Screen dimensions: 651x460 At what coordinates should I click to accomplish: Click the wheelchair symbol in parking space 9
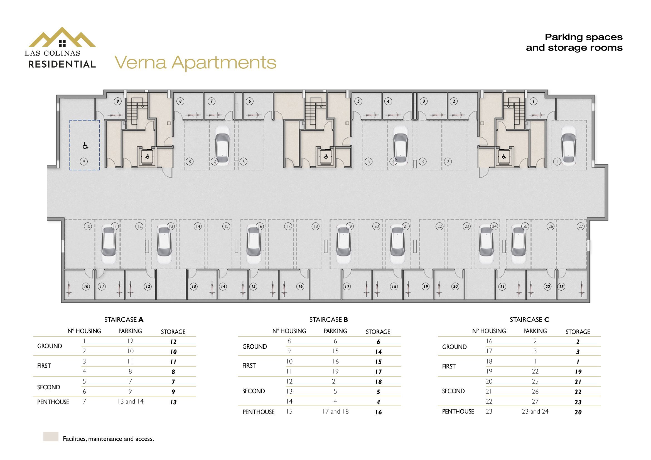click(x=85, y=146)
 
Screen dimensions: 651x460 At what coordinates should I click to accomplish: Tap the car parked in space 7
click(x=222, y=145)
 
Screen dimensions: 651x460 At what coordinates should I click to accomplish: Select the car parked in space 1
click(x=569, y=145)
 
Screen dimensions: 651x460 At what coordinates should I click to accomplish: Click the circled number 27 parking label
click(x=580, y=226)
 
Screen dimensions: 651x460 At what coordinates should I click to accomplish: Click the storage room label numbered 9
click(x=118, y=101)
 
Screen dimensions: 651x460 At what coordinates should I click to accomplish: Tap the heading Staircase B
click(x=328, y=320)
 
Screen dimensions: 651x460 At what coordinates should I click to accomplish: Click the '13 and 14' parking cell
click(x=131, y=401)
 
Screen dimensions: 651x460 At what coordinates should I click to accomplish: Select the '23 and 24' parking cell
click(x=535, y=411)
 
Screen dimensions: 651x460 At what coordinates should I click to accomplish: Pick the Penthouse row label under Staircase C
click(x=458, y=412)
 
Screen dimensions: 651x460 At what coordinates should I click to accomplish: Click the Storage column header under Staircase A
click(x=173, y=332)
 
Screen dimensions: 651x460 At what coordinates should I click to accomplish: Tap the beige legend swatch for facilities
click(x=51, y=436)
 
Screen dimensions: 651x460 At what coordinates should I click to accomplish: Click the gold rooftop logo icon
click(x=62, y=37)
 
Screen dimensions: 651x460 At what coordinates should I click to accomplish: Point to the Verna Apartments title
click(x=195, y=62)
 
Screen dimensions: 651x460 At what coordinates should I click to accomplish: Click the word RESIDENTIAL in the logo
click(x=62, y=64)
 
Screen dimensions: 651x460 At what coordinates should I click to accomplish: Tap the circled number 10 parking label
click(x=88, y=226)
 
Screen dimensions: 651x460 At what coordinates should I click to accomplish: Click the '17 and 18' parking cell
click(x=335, y=411)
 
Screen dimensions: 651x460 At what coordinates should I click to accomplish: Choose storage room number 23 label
click(x=561, y=286)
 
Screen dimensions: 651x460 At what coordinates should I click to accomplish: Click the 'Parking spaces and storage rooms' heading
click(x=574, y=42)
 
